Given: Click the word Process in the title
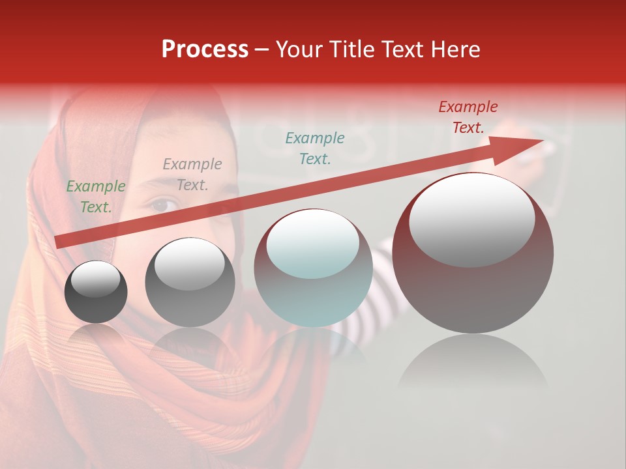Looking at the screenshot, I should coord(205,50).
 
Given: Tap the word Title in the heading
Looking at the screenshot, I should coord(351,50).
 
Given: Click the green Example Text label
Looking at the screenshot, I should coord(96,197).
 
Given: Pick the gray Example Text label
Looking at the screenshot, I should coord(192,175).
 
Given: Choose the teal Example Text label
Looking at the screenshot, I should coord(315,148).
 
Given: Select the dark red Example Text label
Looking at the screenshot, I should coord(468,117).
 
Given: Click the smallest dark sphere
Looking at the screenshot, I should coord(96,292).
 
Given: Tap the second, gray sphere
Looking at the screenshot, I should coord(190,283).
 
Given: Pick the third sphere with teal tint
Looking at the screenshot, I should coord(313,268).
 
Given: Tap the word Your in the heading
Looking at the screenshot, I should coord(301,50).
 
